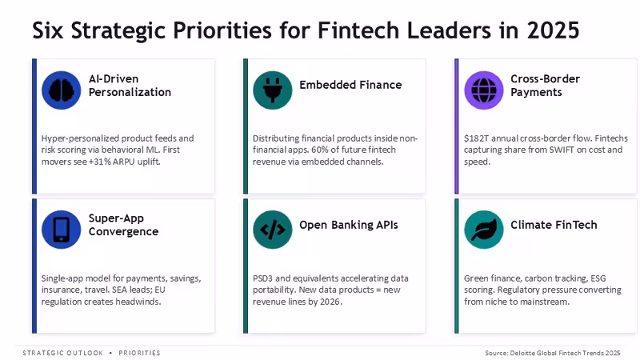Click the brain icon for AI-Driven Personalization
62,90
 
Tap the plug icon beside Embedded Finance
272,90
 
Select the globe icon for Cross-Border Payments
484,90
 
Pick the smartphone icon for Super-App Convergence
62,230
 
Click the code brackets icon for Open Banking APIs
272,230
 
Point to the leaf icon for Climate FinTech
484,230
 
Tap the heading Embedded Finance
350,85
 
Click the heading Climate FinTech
554,225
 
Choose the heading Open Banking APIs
349,225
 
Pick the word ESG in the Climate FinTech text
598,278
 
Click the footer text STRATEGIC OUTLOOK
63,353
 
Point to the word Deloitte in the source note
523,353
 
